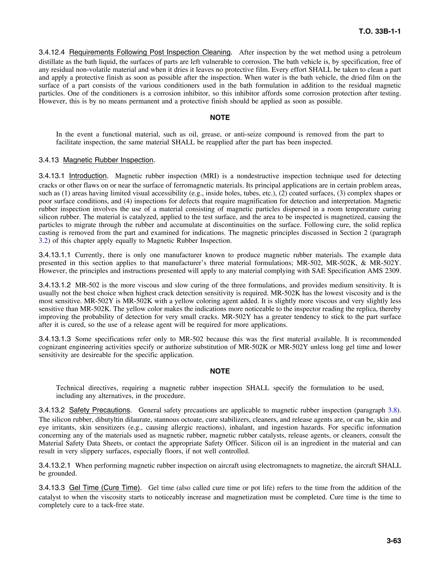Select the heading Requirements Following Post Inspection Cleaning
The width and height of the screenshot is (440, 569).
coord(150,52)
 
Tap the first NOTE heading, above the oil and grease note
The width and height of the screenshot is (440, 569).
coord(220,117)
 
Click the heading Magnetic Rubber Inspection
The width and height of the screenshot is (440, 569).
coord(108,160)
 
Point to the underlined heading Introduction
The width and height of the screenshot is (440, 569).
coord(88,176)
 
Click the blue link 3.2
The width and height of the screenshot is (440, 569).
coord(43,240)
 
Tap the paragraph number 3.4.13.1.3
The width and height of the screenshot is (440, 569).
coord(55,339)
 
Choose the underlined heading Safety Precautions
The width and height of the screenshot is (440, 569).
coord(99,410)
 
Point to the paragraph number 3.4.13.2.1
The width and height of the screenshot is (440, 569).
coord(55,465)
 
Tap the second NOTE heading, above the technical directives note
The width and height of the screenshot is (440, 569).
coord(220,371)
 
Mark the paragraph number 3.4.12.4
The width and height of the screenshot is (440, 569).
coord(52,52)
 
